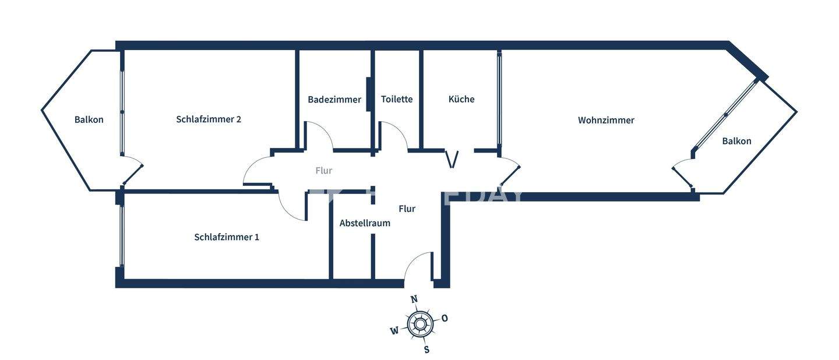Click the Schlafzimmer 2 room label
tap(209, 119)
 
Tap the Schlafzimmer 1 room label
tap(227, 237)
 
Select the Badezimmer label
tap(334, 100)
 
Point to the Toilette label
tap(397, 100)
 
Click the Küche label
tap(461, 100)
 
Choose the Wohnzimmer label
tap(606, 121)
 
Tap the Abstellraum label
tap(365, 223)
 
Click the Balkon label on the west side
tap(89, 120)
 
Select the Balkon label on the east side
tap(736, 141)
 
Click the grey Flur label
tap(324, 171)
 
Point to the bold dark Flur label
tap(407, 209)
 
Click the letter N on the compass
tap(414, 299)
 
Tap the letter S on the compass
tap(426, 350)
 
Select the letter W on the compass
tap(394, 331)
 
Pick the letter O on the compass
tap(445, 318)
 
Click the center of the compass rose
tap(419, 324)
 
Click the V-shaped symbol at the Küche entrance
tap(452, 159)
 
